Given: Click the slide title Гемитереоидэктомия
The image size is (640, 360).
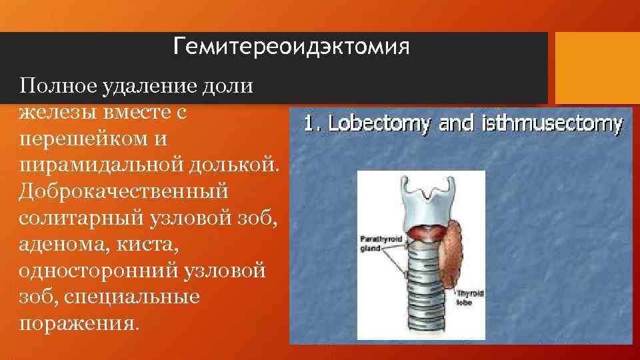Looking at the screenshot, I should [x=290, y=47].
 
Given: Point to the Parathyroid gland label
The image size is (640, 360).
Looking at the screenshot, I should [x=379, y=243].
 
